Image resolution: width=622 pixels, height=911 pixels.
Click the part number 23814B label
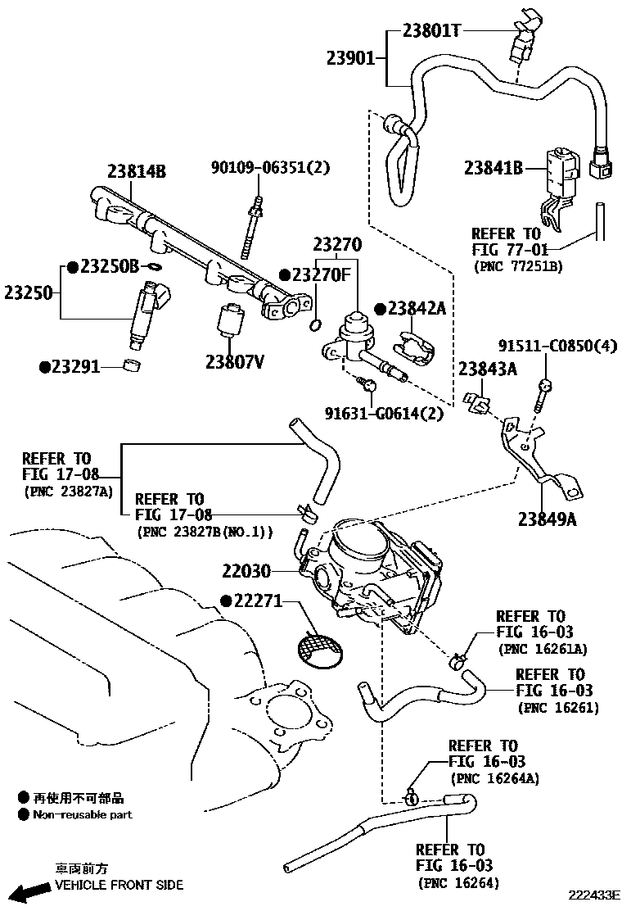[136, 172]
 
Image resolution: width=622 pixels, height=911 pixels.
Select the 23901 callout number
[350, 59]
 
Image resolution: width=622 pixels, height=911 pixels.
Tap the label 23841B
[493, 168]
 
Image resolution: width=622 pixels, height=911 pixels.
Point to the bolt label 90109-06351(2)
[270, 167]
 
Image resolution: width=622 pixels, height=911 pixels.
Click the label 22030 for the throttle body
[246, 570]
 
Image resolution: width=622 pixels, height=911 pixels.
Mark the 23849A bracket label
[547, 518]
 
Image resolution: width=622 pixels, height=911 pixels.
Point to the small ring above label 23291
[130, 364]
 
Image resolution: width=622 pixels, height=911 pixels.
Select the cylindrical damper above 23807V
[229, 320]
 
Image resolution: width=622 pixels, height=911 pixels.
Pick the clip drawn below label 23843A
[477, 402]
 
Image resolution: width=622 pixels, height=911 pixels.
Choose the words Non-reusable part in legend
[82, 814]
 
